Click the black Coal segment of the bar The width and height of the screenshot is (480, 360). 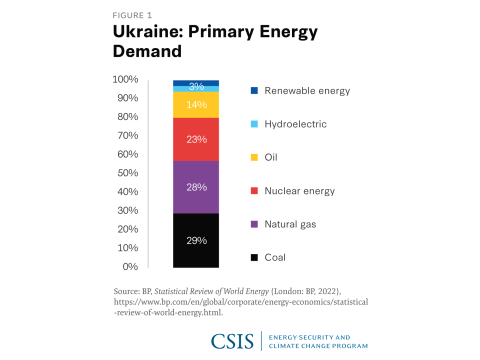coord(196,240)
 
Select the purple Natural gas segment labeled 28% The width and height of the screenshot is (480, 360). coord(196,187)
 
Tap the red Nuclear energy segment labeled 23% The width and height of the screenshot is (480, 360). coord(196,139)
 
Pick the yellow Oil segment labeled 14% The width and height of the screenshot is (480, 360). coord(196,104)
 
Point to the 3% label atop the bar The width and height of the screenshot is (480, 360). coord(196,86)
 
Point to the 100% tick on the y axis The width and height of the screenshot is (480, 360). coord(125,79)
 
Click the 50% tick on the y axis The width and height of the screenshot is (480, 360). coord(127,173)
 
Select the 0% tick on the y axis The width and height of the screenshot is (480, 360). coord(131,267)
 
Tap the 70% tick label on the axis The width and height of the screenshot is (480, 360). coord(127,135)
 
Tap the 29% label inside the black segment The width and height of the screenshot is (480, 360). coord(196,241)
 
